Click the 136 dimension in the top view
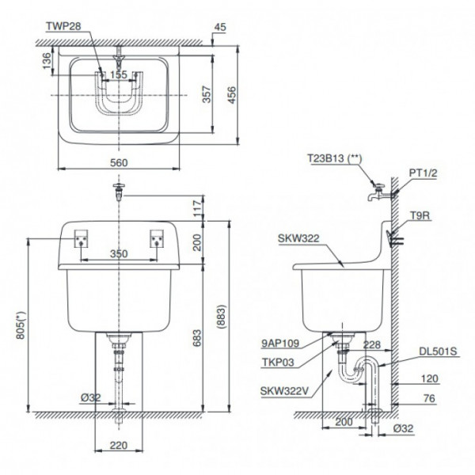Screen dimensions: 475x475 coord(47,59)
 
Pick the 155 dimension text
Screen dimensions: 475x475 coord(118,75)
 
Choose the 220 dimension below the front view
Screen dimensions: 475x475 coord(118,446)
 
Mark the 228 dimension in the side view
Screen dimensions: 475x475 coord(372,344)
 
